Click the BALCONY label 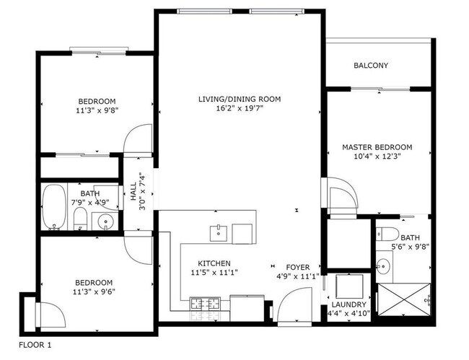371,66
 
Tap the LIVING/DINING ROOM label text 240,99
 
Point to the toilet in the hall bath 81,221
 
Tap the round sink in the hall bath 106,222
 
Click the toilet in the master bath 385,234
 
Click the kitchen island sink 219,233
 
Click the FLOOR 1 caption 35,345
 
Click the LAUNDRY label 346,305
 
